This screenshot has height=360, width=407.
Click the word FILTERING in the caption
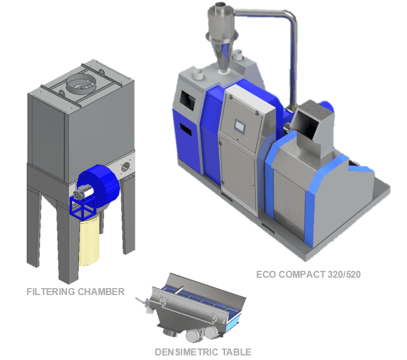pyautogui.click(x=51, y=292)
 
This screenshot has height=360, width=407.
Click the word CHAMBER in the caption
pyautogui.click(x=101, y=292)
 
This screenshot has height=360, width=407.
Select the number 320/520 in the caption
pyautogui.click(x=344, y=274)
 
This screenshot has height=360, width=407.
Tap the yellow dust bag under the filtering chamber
pyautogui.click(x=89, y=239)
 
